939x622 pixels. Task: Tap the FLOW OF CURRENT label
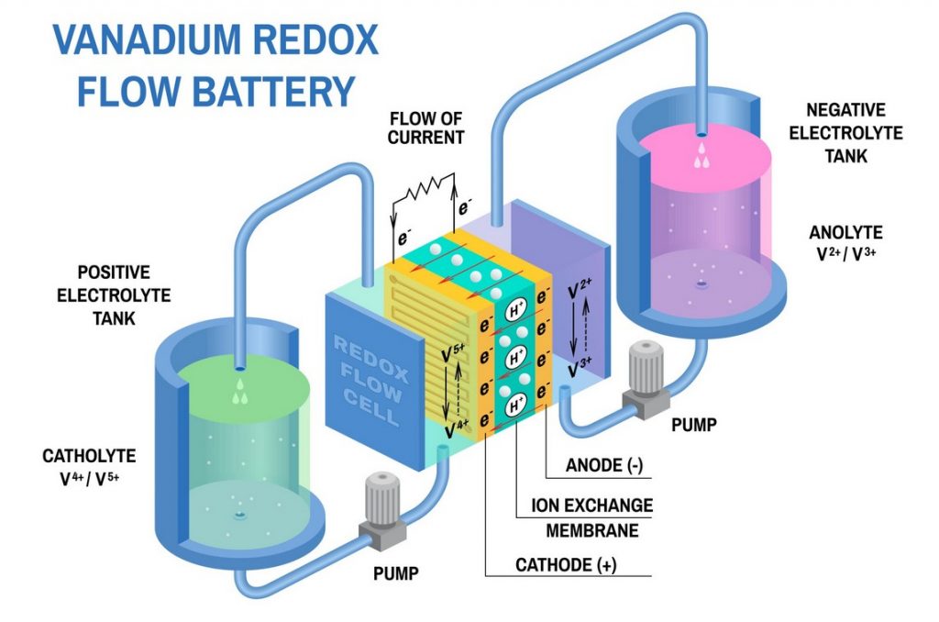pyautogui.click(x=425, y=128)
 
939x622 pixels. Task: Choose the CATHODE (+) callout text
pyautogui.click(x=566, y=566)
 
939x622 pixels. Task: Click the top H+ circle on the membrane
pyautogui.click(x=515, y=312)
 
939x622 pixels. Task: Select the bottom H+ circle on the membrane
pyautogui.click(x=515, y=402)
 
